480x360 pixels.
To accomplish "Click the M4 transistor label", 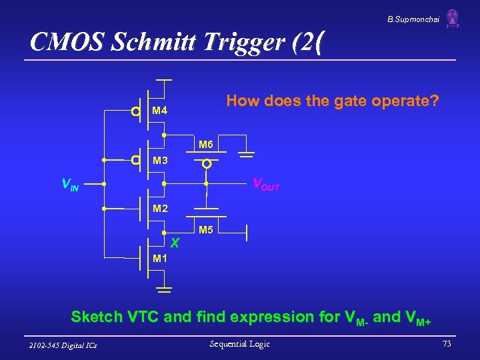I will tap(159, 110).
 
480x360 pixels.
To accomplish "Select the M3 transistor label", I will tap(159, 161).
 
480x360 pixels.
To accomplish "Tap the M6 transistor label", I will tap(205, 145).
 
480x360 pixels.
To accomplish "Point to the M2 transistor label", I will tap(159, 209).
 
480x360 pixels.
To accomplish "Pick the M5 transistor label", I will tap(205, 231).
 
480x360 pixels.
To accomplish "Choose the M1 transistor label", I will tap(159, 258).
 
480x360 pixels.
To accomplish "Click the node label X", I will tap(175, 241).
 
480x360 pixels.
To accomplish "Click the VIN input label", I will tap(70, 184).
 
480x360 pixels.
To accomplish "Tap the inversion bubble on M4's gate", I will tap(135, 111).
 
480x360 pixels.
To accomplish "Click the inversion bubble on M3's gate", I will tap(135, 161).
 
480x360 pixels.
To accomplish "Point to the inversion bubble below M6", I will tap(207, 163).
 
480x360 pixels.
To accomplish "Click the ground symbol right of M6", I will tap(246, 153).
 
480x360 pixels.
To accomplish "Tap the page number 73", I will tap(446, 344).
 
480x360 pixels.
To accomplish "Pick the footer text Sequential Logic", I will tap(239, 344).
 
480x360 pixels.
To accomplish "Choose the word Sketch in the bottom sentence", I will tap(95, 316).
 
